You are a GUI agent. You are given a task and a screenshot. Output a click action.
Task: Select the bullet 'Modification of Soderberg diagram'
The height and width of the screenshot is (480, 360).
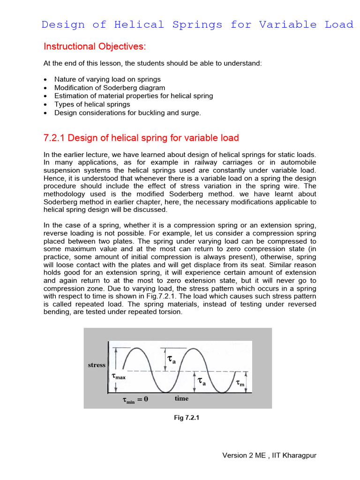[109, 88]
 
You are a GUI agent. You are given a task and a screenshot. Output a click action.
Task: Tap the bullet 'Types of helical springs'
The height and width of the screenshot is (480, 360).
[92, 104]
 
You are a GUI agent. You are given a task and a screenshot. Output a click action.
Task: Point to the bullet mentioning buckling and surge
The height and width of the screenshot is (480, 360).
[127, 112]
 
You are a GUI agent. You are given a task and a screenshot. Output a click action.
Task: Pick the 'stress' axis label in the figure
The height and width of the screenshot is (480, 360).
[97, 365]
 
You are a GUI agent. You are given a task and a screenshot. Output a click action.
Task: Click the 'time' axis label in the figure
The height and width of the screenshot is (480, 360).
[181, 398]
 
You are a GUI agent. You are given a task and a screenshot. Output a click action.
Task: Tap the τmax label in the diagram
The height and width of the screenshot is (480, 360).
[119, 376]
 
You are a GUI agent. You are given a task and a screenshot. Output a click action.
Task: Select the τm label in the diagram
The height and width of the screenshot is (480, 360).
[240, 383]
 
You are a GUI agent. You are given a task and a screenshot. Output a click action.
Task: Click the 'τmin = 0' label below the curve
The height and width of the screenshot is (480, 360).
[135, 400]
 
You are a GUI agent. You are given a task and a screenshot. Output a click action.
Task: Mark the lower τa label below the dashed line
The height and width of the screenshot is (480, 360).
[202, 382]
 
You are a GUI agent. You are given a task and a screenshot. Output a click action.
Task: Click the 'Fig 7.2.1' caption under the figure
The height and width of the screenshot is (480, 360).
[187, 419]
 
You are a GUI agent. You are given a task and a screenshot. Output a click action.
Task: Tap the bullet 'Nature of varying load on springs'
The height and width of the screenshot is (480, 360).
[107, 79]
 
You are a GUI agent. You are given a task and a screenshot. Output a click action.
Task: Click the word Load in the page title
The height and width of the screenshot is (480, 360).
[339, 25]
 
